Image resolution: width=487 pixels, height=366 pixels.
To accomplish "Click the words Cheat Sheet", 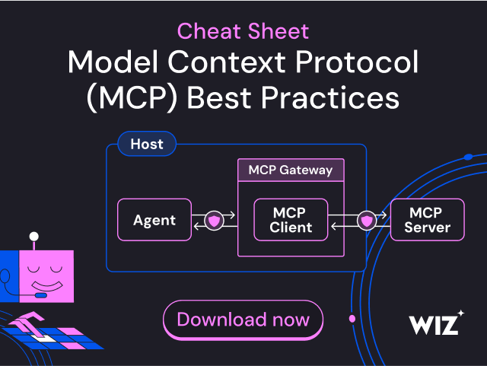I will click(x=243, y=31).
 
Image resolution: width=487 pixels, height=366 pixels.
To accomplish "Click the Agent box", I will click(x=154, y=220).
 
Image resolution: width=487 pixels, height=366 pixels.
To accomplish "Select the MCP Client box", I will click(x=290, y=220).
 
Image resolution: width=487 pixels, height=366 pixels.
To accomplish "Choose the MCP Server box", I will click(x=427, y=219).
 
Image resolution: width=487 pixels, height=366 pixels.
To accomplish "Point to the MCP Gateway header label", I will click(x=290, y=170).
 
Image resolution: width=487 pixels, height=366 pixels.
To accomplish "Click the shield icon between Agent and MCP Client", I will click(x=214, y=221).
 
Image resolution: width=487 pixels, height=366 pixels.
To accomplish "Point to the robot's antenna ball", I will click(x=33, y=237).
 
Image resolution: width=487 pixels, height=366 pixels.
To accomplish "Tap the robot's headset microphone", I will click(x=40, y=295).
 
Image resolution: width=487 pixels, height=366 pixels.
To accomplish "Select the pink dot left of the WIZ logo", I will click(x=352, y=318).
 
